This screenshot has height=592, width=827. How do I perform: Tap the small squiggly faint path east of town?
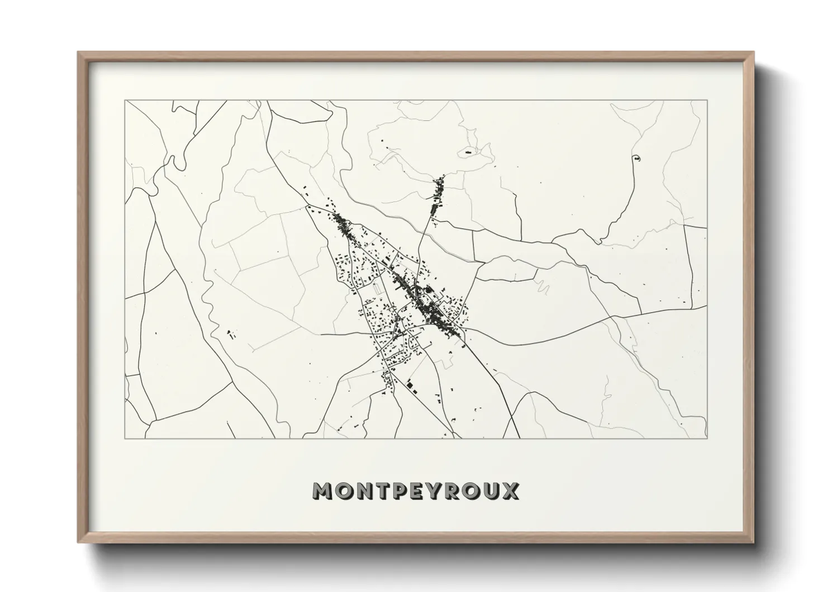click(541, 288)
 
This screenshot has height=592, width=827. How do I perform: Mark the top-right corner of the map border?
click(707, 101)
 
